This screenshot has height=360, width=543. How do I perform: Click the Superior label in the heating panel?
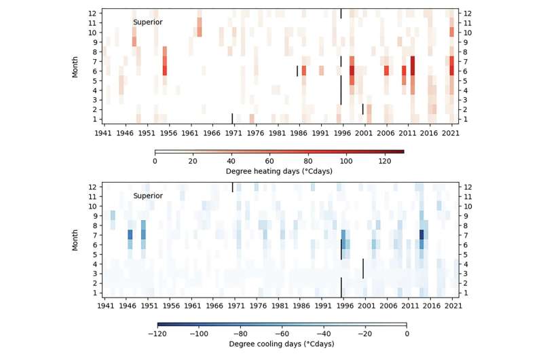[147, 22]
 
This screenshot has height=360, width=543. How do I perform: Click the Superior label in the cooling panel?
[147, 196]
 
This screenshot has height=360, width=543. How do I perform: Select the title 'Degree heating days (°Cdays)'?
[279, 171]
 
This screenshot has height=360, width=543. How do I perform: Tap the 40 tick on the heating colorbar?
[231, 161]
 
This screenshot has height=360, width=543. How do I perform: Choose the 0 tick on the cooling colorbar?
[406, 334]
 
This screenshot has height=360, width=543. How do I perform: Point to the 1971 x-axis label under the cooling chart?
[233, 306]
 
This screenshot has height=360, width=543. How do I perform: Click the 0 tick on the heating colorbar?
[155, 161]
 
